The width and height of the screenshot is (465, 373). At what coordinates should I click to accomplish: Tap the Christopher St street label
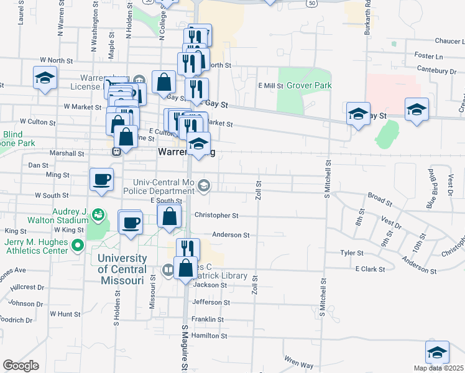point(216,216)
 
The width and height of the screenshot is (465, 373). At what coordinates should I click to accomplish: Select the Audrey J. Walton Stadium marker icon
point(98,215)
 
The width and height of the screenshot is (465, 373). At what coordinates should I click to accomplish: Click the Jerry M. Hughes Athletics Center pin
point(77,246)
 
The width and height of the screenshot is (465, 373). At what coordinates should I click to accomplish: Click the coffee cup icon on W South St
point(102,180)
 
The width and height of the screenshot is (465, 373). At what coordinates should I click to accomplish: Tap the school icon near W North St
point(44,78)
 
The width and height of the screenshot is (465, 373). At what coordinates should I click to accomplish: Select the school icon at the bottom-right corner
point(437,352)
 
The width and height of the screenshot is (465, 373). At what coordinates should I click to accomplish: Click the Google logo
point(21,366)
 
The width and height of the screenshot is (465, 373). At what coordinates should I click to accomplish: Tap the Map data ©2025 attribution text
point(438,368)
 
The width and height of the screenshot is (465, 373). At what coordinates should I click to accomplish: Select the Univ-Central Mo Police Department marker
point(203,185)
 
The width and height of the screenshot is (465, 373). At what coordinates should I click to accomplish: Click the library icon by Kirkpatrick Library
point(168,270)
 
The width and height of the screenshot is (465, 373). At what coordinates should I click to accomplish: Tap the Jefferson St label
point(211,302)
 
